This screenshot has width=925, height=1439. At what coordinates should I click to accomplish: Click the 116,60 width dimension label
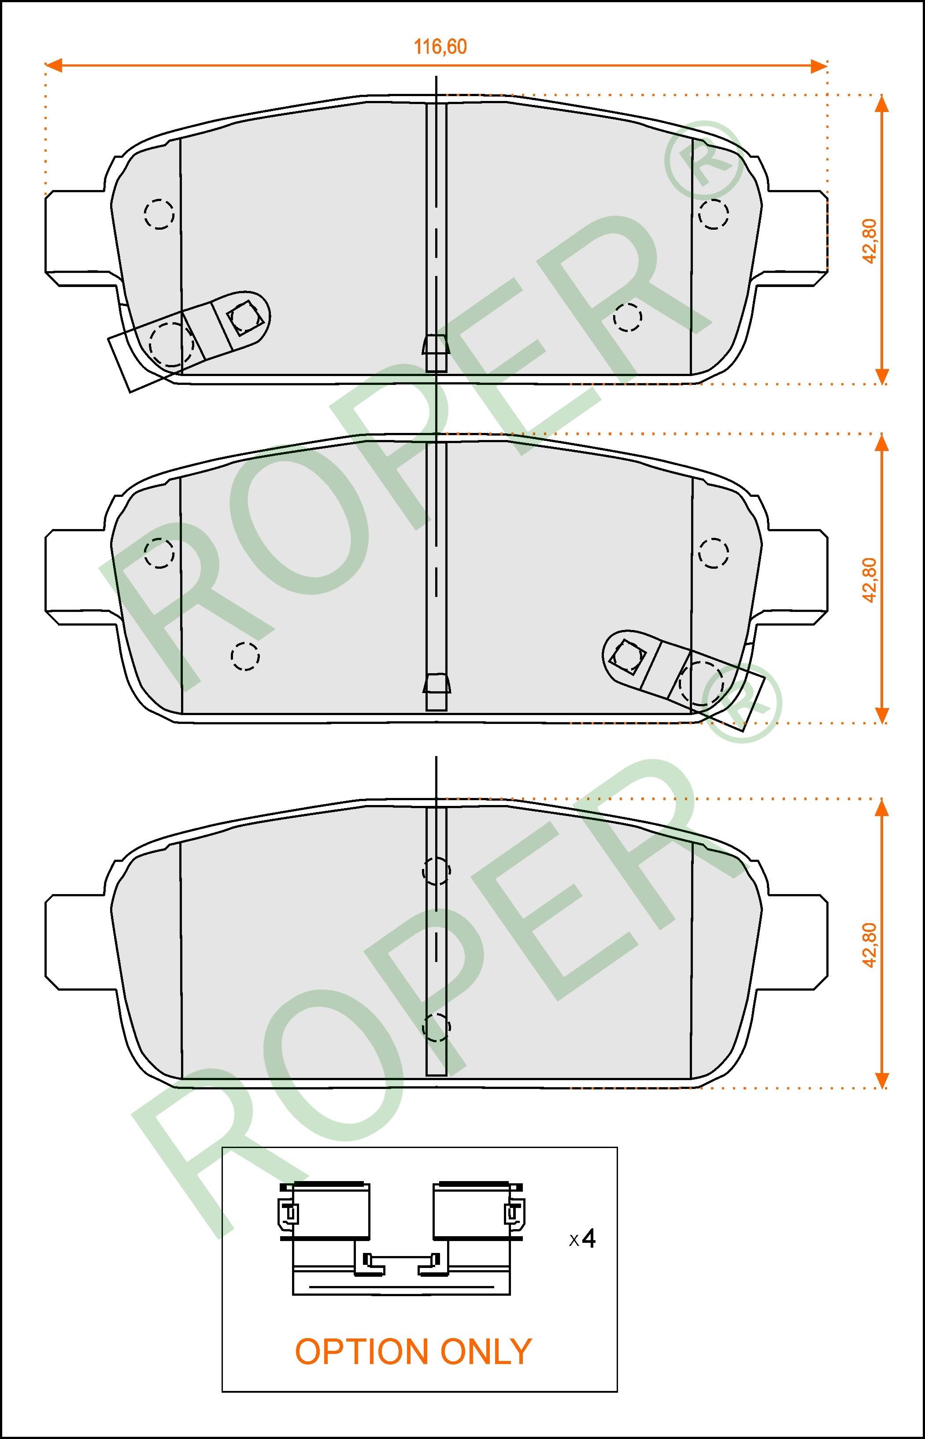(x=440, y=47)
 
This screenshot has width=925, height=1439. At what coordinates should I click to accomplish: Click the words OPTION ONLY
(x=413, y=1352)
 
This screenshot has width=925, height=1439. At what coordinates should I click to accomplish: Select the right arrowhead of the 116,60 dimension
(x=819, y=66)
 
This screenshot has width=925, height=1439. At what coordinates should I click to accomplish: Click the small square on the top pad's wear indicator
(x=244, y=318)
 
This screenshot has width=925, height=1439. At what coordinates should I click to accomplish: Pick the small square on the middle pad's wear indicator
(x=628, y=655)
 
